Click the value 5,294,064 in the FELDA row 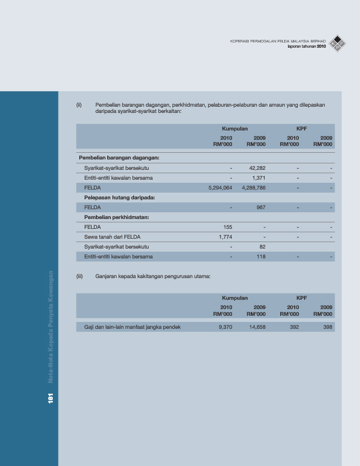point(220,187)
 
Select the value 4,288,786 point(253,187)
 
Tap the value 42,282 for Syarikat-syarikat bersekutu point(257,168)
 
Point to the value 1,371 point(258,178)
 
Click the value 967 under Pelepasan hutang point(261,207)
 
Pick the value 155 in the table point(227,227)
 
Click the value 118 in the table point(261,256)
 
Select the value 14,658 point(257,327)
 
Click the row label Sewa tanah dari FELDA point(112,237)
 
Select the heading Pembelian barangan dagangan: point(119,157)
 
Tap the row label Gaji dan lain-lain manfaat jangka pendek point(132,327)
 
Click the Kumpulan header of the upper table point(235,128)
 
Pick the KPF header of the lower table point(301,298)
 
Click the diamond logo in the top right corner point(339,43)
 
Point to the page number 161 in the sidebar point(51,398)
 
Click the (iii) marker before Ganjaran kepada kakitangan point(80,276)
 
